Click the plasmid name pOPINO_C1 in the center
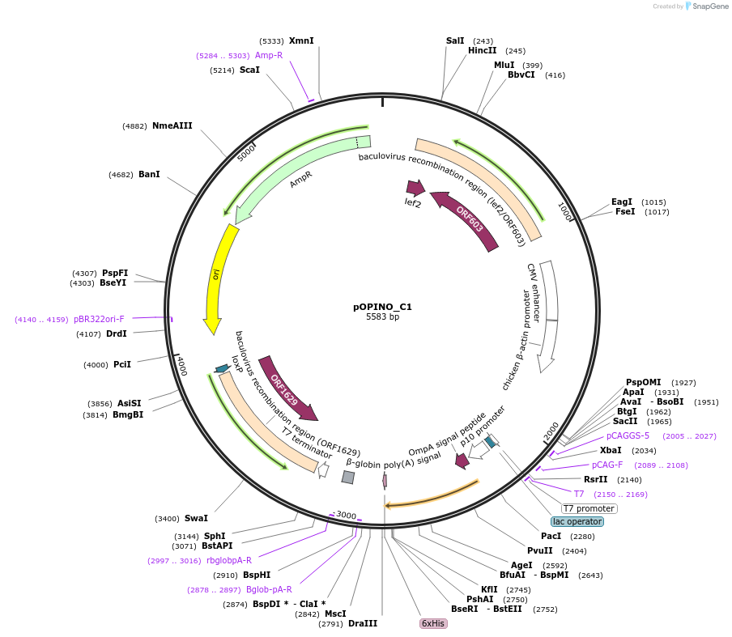tap(382, 307)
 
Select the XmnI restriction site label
tap(301, 40)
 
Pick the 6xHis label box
tap(433, 623)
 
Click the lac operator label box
tap(577, 522)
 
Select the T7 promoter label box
tap(589, 508)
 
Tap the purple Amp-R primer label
tap(269, 55)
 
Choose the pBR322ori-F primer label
tap(99, 319)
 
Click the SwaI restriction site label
tap(196, 518)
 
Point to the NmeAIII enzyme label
tap(172, 125)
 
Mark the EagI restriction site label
tap(622, 202)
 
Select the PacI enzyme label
tap(551, 536)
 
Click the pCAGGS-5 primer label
tap(628, 435)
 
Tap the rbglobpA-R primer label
tap(228, 560)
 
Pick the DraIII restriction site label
tap(363, 623)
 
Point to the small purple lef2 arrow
tap(415, 189)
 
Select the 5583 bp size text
tap(382, 316)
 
